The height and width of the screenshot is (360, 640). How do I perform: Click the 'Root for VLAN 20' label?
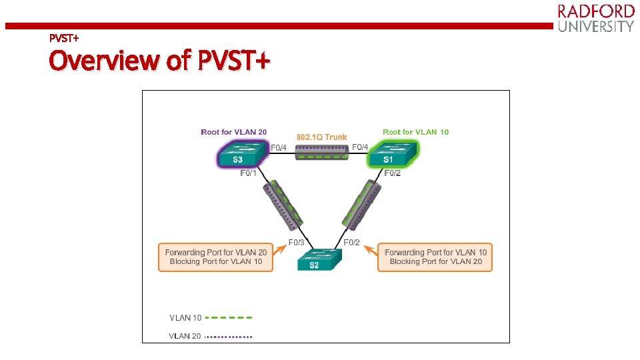click(x=234, y=132)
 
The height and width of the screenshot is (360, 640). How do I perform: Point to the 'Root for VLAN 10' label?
click(x=415, y=132)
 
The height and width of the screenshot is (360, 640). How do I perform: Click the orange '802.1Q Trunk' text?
click(x=322, y=137)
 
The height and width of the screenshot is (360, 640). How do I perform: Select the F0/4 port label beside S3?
click(x=279, y=147)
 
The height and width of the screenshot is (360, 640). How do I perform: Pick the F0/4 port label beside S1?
click(x=360, y=147)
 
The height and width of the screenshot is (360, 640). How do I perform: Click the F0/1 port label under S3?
click(x=249, y=173)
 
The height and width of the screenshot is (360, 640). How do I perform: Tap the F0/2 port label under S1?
click(x=393, y=173)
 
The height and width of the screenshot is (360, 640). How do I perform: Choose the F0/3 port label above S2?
click(x=297, y=242)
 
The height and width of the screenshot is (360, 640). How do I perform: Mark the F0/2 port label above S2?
click(x=351, y=242)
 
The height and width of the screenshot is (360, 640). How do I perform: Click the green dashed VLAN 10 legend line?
click(x=229, y=318)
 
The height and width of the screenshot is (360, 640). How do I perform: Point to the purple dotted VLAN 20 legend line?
click(x=229, y=337)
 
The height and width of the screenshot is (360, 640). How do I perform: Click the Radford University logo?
click(x=595, y=18)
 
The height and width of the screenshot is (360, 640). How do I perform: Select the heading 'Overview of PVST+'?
click(x=159, y=61)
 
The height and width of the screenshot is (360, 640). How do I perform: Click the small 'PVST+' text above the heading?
click(x=64, y=37)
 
